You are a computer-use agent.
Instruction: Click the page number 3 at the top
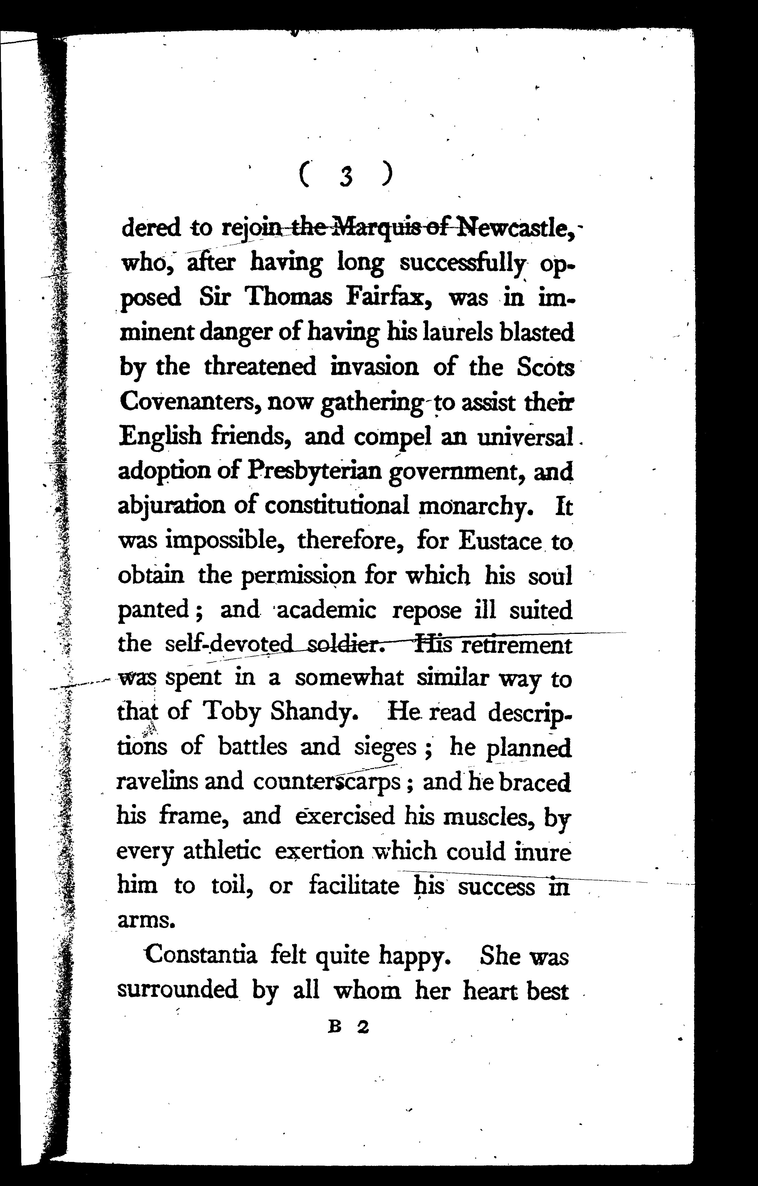click(346, 176)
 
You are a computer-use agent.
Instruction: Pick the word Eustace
click(500, 541)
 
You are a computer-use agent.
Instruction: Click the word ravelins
click(155, 782)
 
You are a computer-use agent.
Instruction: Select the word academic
click(327, 611)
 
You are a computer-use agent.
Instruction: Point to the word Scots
click(546, 367)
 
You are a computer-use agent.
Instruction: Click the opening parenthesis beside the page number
click(304, 176)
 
